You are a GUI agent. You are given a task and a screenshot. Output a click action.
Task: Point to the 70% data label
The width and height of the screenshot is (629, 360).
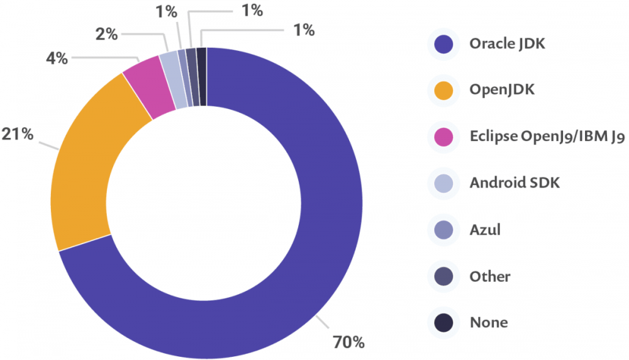click(348, 342)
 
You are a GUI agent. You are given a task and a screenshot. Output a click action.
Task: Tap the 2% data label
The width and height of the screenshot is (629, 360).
click(107, 34)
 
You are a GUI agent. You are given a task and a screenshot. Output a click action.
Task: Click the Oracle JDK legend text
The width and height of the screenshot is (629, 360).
click(507, 44)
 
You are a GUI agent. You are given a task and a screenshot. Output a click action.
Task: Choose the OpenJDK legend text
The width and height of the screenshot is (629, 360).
click(502, 90)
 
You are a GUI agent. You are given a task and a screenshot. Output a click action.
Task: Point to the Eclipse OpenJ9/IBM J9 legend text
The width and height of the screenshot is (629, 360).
click(547, 137)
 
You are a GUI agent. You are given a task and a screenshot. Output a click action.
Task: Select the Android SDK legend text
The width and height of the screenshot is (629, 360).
click(515, 183)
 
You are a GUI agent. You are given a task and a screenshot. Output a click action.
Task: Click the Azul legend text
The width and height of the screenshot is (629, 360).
click(485, 230)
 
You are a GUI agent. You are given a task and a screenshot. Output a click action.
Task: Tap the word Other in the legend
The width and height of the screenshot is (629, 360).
click(490, 276)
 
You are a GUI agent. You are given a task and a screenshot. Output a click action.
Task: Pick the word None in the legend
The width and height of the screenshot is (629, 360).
click(489, 323)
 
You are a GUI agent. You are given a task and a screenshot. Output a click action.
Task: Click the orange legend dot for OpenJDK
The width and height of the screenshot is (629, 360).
click(444, 91)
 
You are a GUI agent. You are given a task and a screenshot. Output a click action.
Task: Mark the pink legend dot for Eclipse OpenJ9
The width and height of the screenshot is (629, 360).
click(444, 137)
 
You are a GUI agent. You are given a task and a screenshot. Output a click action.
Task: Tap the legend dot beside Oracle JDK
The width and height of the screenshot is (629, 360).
click(444, 44)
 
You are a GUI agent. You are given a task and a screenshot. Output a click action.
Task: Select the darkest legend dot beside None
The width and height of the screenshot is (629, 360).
click(444, 323)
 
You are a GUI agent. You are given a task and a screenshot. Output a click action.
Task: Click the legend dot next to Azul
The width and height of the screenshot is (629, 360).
click(444, 230)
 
